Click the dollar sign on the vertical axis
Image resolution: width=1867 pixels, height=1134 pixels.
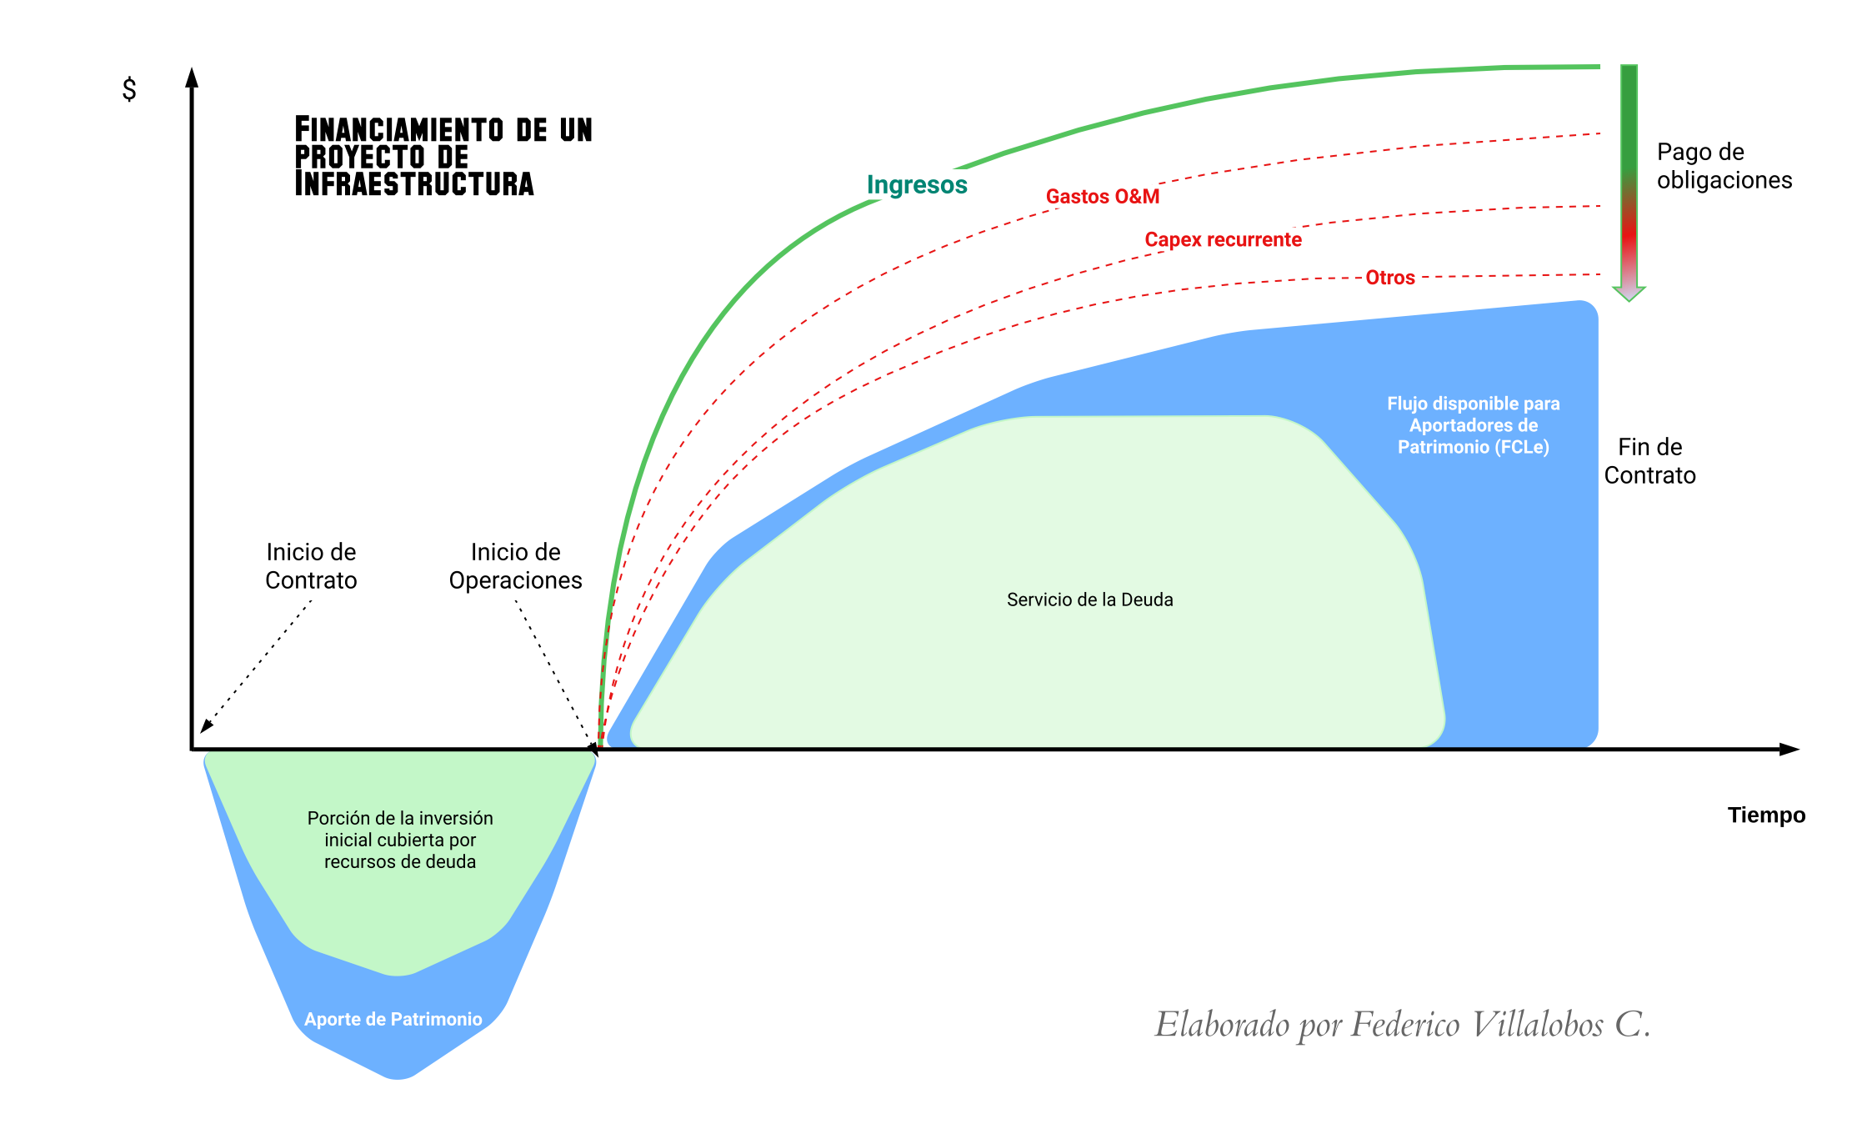tap(129, 88)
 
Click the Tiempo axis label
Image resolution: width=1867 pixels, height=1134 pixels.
tap(1766, 815)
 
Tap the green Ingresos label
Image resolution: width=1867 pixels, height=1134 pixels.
tap(917, 184)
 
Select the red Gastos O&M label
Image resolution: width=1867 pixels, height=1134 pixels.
tap(1102, 197)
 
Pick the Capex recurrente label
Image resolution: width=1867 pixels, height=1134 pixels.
tap(1223, 240)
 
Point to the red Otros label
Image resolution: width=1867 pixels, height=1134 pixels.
tap(1389, 278)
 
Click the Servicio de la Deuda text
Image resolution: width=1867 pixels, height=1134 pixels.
tap(1089, 600)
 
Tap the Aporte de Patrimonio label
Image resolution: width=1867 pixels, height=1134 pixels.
tap(393, 1019)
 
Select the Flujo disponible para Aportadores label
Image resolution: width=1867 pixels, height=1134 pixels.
tap(1473, 425)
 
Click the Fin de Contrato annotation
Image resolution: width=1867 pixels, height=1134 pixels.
tap(1649, 461)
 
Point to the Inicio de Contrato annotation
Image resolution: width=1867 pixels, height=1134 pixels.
tap(311, 566)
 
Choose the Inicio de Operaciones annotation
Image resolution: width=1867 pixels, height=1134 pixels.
tap(515, 566)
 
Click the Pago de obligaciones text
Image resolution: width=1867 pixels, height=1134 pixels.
tap(1724, 166)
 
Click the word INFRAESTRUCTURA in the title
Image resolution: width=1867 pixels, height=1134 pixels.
tap(414, 184)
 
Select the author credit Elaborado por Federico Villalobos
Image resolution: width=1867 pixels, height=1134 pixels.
tap(1402, 1025)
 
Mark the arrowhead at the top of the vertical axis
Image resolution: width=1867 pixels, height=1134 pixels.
tap(192, 78)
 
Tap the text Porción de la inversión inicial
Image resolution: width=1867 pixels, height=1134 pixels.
tap(400, 840)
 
